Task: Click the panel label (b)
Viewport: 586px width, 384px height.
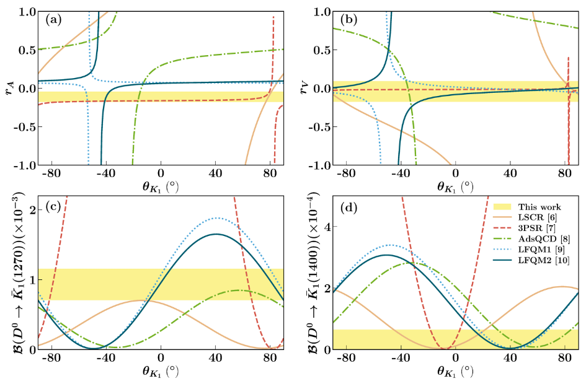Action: coord(345,19)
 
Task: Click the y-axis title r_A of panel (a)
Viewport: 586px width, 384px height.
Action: coord(9,88)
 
